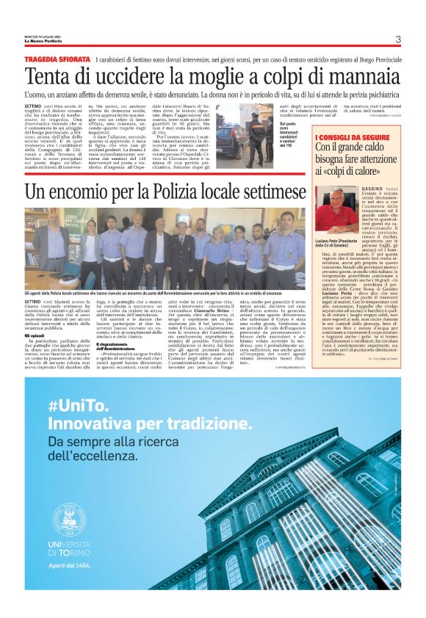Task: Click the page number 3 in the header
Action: (397, 40)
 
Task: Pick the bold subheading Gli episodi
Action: (35, 335)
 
